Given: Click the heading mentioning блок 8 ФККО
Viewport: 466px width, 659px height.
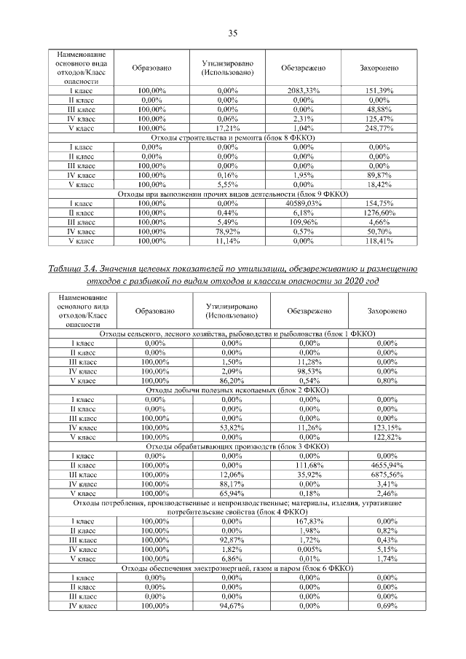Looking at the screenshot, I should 233,138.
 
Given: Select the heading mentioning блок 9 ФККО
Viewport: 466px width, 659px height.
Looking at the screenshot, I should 233,194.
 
